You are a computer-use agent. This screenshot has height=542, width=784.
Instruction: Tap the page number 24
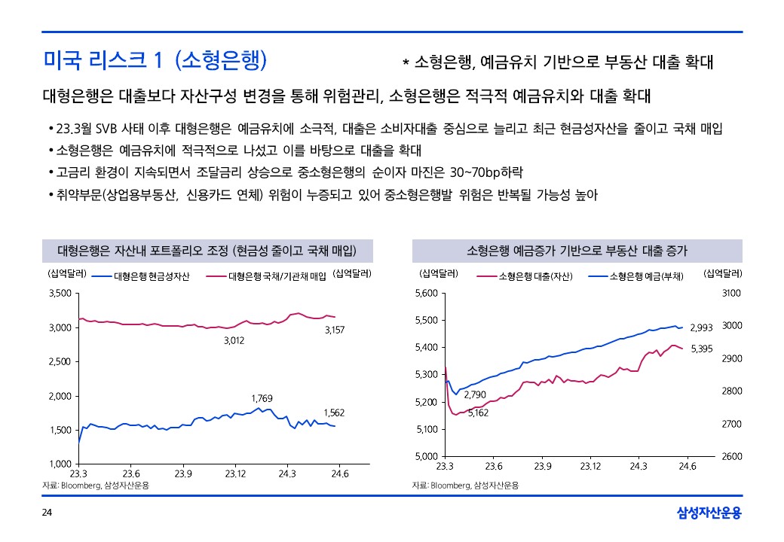click(x=47, y=513)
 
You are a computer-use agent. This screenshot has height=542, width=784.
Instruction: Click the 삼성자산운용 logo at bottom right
click(x=709, y=513)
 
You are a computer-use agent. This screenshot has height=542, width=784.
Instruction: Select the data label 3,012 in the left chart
click(x=234, y=341)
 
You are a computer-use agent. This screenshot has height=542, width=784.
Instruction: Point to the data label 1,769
click(x=262, y=397)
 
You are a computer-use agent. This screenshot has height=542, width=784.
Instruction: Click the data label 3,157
click(x=335, y=330)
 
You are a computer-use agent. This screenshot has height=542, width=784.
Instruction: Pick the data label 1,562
click(x=334, y=413)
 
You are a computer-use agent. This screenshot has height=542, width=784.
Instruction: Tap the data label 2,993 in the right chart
click(x=701, y=327)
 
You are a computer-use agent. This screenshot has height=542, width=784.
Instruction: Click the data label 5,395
click(x=702, y=349)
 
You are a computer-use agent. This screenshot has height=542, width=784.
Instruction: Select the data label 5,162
click(x=478, y=413)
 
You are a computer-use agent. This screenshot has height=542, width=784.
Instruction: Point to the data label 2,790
click(x=474, y=394)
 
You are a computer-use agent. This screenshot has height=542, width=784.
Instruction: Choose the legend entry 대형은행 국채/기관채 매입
click(x=277, y=276)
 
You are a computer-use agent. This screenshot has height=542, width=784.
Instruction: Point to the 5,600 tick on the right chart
click(x=427, y=293)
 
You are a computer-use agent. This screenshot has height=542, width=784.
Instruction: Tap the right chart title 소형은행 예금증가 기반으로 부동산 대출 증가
click(x=577, y=250)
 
